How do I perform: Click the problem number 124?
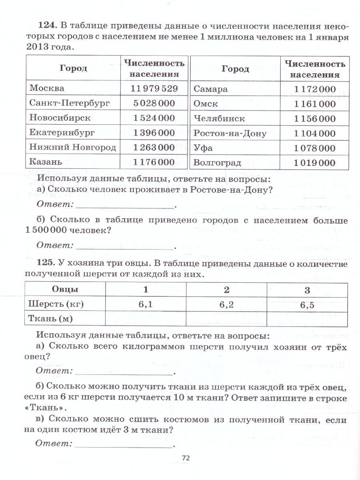click(x=48, y=26)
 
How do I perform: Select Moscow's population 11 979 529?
click(x=154, y=88)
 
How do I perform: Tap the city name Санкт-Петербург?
click(x=64, y=103)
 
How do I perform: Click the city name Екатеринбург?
click(x=62, y=132)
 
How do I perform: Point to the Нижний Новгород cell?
click(x=72, y=147)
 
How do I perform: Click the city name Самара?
click(x=211, y=89)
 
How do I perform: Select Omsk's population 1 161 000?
click(x=315, y=104)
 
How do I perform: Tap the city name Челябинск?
click(x=219, y=119)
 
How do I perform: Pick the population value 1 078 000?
click(x=315, y=148)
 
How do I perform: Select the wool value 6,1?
click(x=146, y=304)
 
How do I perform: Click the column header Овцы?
click(x=65, y=289)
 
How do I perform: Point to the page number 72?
click(x=185, y=458)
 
